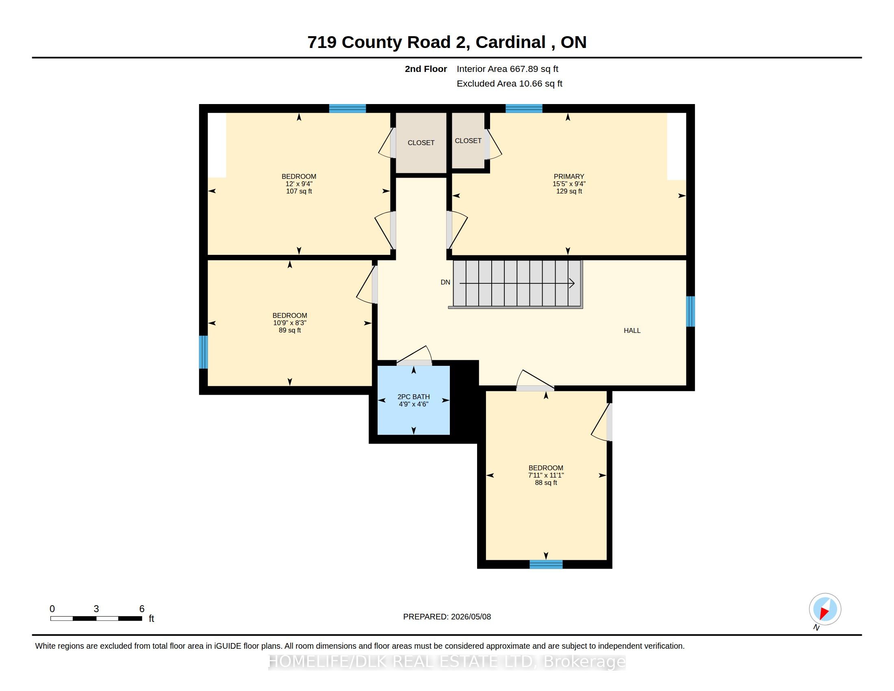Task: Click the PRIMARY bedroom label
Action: (569, 176)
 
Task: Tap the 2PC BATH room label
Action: (413, 397)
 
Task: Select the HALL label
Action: (632, 330)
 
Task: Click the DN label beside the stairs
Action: (445, 282)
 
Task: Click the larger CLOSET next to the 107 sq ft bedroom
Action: (421, 143)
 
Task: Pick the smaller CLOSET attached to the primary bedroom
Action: (468, 140)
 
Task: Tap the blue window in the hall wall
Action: (690, 311)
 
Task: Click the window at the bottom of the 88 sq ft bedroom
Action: (546, 565)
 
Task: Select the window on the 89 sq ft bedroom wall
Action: (204, 352)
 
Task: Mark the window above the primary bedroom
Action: (524, 109)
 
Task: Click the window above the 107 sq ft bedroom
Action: (347, 109)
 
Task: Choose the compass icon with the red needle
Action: (825, 609)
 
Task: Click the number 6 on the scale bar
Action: (142, 609)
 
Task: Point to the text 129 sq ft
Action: (569, 191)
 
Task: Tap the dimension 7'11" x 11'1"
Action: (546, 475)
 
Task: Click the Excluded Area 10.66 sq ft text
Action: (509, 83)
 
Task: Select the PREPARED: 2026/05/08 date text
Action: (447, 617)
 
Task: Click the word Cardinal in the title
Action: (510, 42)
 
